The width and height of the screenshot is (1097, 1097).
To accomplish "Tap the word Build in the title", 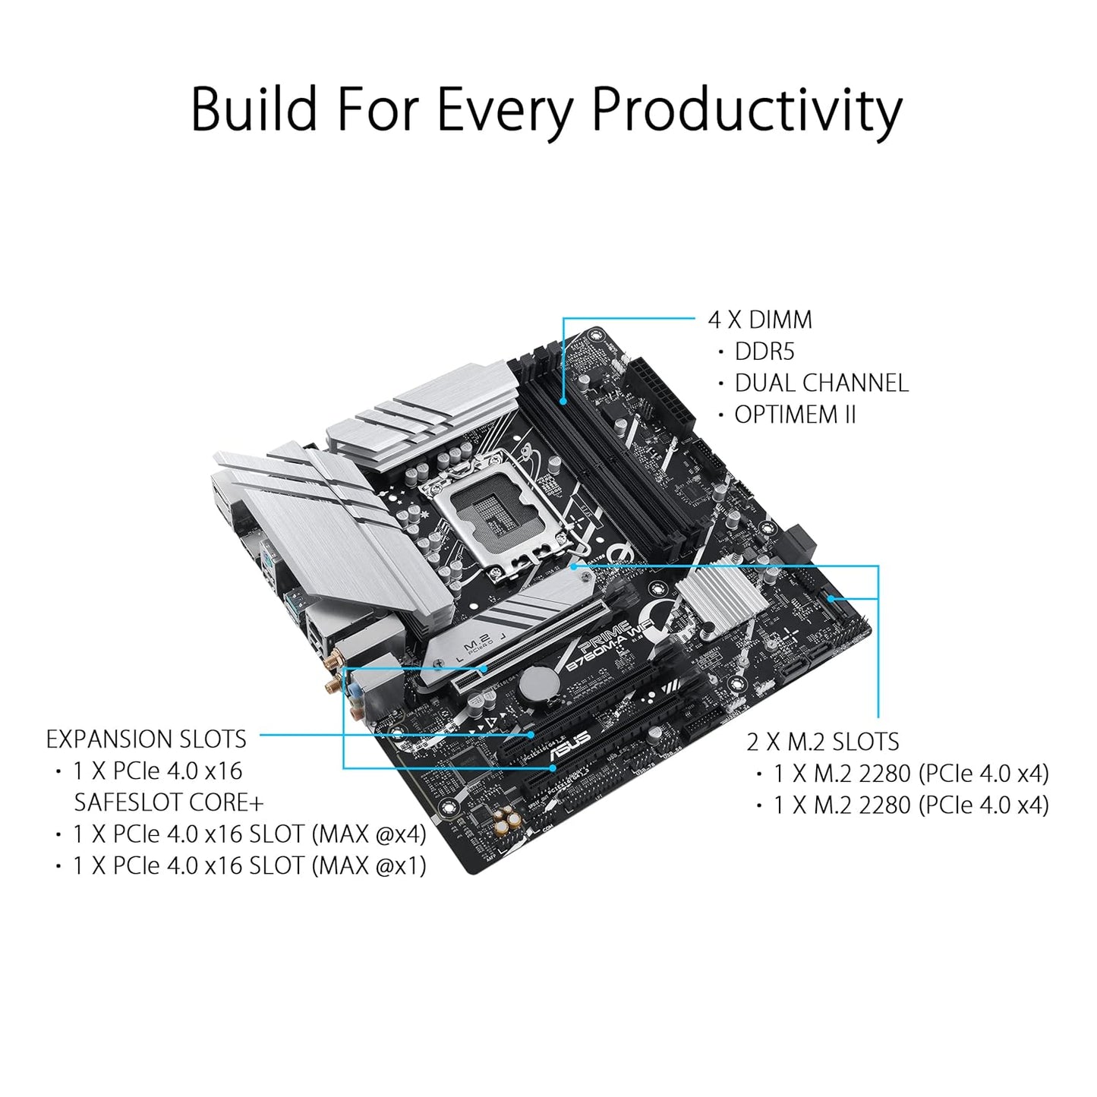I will click(x=254, y=109).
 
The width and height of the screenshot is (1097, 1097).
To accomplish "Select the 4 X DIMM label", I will click(x=759, y=320).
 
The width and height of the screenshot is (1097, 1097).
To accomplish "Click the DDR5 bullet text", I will click(x=764, y=351).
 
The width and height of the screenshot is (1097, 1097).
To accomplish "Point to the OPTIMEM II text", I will click(x=794, y=415).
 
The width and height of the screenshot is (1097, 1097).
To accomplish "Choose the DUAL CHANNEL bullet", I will click(x=821, y=383).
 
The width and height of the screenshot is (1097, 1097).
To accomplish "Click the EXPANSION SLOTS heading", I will click(x=146, y=739).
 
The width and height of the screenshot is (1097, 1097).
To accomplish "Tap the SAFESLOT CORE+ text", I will click(x=169, y=802).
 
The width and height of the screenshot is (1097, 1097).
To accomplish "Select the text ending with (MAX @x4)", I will click(x=249, y=834).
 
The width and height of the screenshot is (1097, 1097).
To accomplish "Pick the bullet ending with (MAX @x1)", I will click(x=249, y=865).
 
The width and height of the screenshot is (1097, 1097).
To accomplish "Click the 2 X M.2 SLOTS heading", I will click(x=822, y=742).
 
